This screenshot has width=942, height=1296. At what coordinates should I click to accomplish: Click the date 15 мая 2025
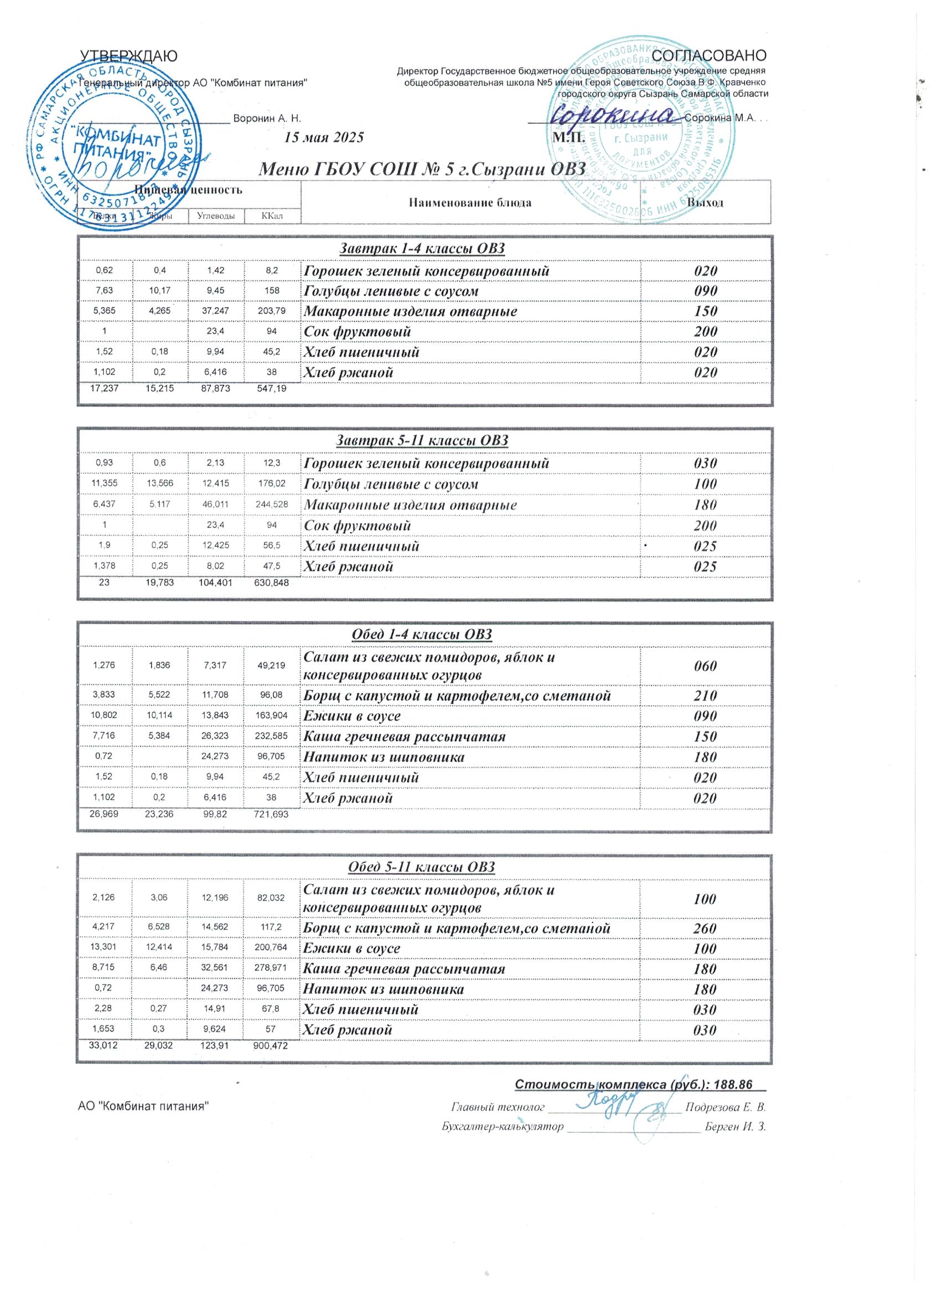pyautogui.click(x=324, y=137)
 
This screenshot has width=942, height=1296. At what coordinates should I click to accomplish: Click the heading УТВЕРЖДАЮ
pyautogui.click(x=129, y=55)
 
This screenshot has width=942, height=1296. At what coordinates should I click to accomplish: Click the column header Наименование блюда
pyautogui.click(x=470, y=202)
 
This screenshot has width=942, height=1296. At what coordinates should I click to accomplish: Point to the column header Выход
pyautogui.click(x=705, y=202)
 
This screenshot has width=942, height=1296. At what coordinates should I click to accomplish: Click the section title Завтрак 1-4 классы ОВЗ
pyautogui.click(x=423, y=248)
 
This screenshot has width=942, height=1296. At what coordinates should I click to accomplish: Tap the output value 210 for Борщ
pyautogui.click(x=705, y=696)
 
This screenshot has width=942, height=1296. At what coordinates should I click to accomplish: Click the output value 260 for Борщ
pyautogui.click(x=705, y=928)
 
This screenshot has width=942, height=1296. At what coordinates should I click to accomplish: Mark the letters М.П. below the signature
pyautogui.click(x=568, y=137)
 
